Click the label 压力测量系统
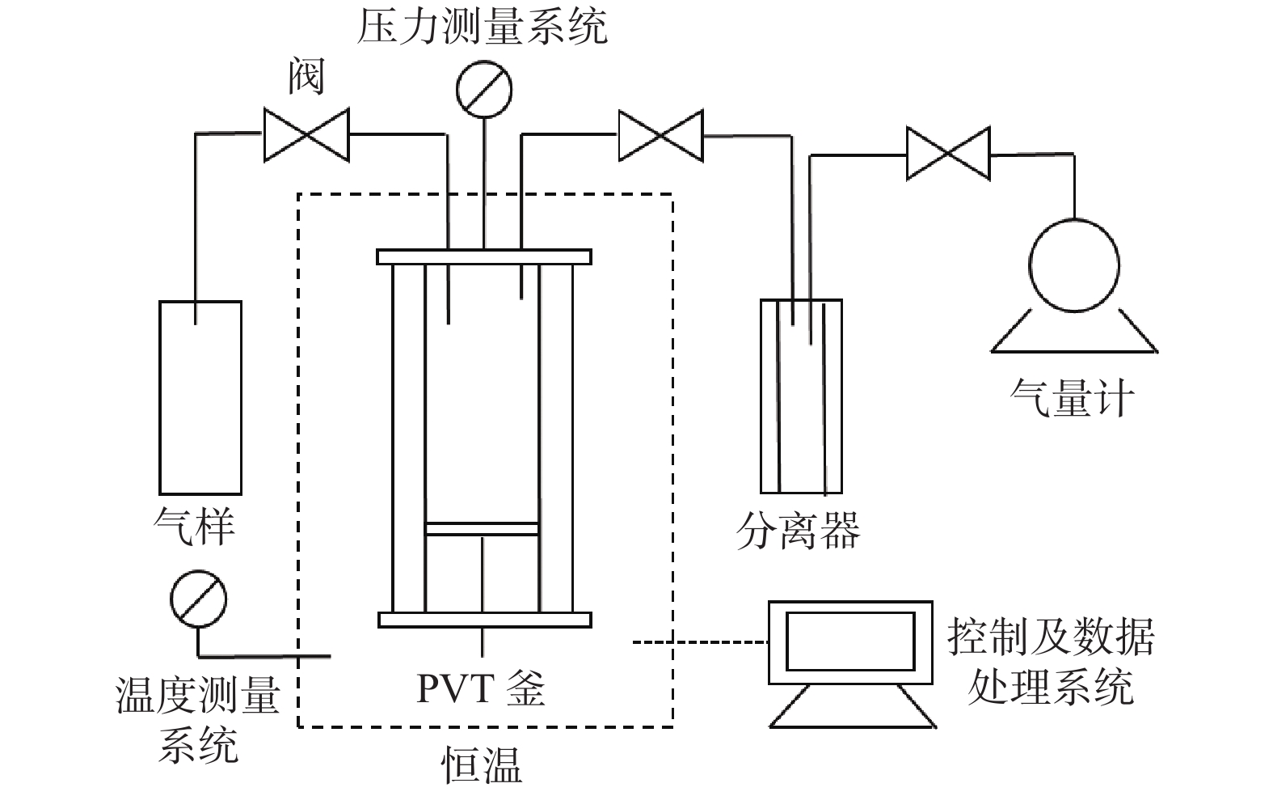click(483, 27)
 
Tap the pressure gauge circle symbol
click(484, 88)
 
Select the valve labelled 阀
click(306, 134)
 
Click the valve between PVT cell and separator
click(660, 136)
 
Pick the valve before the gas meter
click(948, 152)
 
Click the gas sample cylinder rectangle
click(200, 397)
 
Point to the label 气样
click(194, 526)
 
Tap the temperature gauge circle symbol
click(198, 599)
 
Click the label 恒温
click(483, 764)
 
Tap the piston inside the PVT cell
click(483, 529)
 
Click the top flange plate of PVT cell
click(483, 256)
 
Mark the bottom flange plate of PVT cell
click(484, 620)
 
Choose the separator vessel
click(801, 396)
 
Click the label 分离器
click(798, 531)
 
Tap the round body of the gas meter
click(1074, 265)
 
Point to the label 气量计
click(1073, 398)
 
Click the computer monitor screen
click(850, 640)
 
